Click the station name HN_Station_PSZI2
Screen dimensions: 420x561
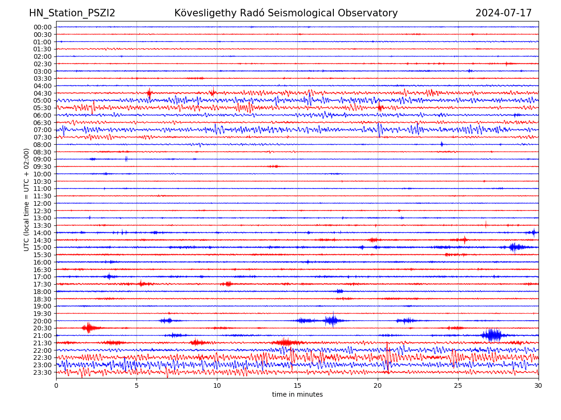[x=72, y=13]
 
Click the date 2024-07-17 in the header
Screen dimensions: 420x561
[x=503, y=13]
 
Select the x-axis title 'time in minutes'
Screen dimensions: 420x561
[x=297, y=395]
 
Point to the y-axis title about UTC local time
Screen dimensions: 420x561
[x=27, y=200]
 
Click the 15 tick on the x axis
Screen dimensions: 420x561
[x=297, y=386]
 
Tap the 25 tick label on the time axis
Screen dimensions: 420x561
[x=458, y=386]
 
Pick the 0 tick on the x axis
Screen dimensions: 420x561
[x=56, y=386]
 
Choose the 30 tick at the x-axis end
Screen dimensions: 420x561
[x=539, y=386]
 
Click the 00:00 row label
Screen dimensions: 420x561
[x=43, y=27]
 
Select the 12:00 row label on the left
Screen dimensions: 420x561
[x=43, y=203]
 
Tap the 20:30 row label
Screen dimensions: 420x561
[x=43, y=329]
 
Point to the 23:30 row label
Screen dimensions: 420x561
[x=43, y=372]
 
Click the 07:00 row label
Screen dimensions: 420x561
[x=43, y=130]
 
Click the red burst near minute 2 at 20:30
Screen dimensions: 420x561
[x=88, y=328]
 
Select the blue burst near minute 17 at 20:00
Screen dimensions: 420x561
[x=332, y=321]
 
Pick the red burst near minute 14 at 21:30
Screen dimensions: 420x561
[x=286, y=343]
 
